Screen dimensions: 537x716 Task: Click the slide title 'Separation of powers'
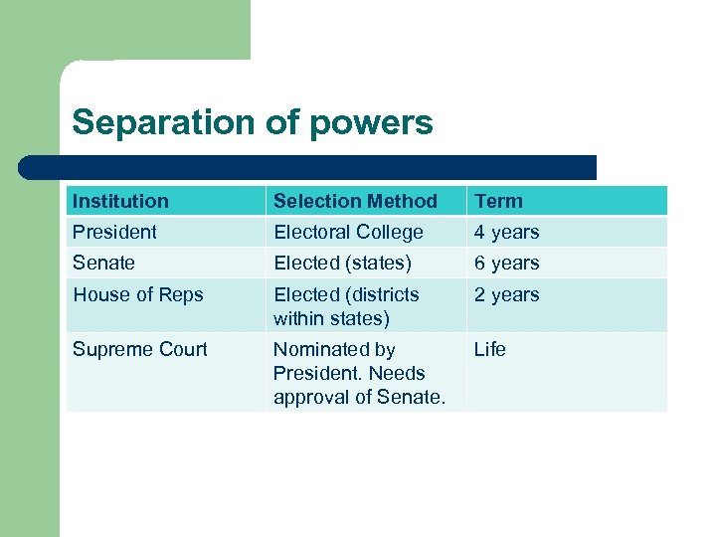[253, 122]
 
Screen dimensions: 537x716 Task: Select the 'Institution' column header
[120, 201]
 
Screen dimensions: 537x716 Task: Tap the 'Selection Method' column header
[355, 201]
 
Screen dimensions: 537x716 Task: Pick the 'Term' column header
[498, 201]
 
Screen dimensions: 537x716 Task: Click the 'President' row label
[114, 232]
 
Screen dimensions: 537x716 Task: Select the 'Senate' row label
[103, 263]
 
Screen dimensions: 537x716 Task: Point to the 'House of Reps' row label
[137, 294]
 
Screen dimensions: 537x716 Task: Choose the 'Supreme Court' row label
[140, 349]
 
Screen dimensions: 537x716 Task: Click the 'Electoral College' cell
[348, 232]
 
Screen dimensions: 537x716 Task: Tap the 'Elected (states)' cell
[342, 263]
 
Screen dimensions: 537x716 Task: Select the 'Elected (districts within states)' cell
[346, 306]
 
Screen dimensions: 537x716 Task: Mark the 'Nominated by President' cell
[358, 373]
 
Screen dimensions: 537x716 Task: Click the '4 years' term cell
[506, 232]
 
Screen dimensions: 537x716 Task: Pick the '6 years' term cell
[506, 263]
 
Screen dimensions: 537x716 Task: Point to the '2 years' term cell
[506, 294]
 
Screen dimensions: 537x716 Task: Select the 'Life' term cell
[490, 349]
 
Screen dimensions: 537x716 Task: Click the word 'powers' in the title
[371, 123]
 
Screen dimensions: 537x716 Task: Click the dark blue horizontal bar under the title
[308, 167]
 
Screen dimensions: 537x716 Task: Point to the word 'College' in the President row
[389, 232]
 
